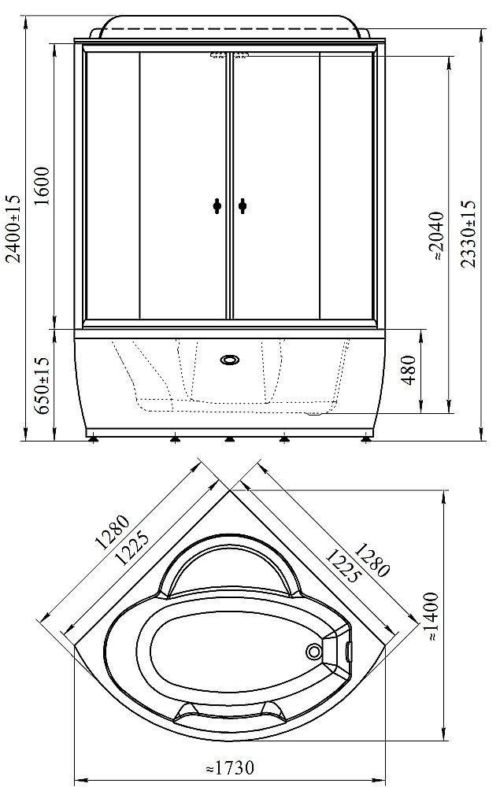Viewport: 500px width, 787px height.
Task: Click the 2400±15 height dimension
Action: click(x=14, y=228)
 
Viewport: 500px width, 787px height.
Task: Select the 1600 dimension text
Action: click(x=43, y=186)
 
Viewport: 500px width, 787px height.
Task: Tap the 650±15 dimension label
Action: click(x=43, y=385)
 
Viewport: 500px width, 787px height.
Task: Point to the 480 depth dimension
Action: click(x=409, y=370)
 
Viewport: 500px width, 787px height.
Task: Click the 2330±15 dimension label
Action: click(x=468, y=234)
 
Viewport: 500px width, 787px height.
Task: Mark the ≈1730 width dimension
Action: click(x=231, y=768)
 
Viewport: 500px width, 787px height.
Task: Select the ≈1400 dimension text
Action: click(x=433, y=617)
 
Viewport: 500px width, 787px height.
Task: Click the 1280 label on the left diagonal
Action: click(x=113, y=533)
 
